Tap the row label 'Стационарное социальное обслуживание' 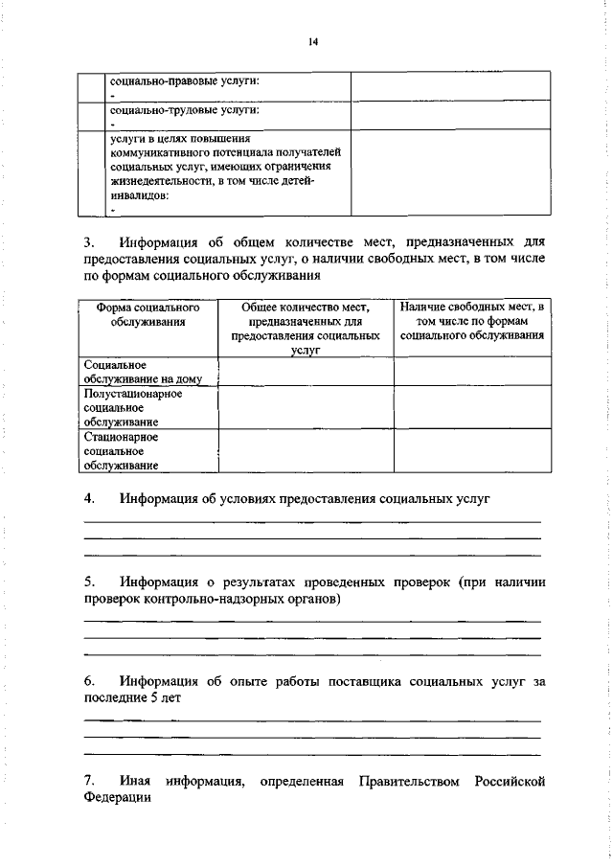click(x=121, y=451)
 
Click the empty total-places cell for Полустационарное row click(x=306, y=407)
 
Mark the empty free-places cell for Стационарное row click(x=472, y=451)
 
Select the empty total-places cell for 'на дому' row click(x=306, y=372)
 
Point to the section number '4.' click(x=90, y=499)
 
